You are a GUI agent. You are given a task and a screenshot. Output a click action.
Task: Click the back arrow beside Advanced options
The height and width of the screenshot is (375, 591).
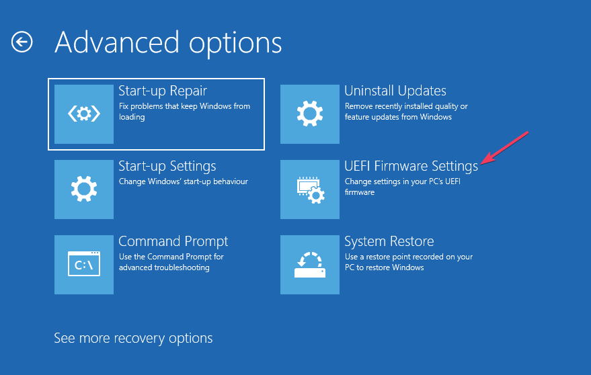22,42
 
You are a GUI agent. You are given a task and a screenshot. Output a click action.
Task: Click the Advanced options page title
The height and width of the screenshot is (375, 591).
168,42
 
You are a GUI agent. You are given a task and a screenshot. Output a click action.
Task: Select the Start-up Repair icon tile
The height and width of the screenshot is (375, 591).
83,114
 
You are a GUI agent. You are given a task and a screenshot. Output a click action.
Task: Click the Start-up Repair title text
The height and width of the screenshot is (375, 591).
163,91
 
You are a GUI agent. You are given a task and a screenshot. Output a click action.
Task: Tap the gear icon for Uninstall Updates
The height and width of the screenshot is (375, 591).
310,114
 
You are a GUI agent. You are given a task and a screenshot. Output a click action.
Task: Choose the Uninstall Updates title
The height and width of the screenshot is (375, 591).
395,91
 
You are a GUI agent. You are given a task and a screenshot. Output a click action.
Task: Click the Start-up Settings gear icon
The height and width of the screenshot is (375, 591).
83,190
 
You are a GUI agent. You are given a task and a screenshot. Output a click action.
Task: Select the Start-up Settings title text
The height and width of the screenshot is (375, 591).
167,166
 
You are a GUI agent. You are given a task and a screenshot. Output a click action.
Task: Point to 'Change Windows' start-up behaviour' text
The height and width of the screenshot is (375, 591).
184,181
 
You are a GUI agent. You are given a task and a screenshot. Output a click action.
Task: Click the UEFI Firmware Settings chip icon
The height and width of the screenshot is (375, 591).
310,190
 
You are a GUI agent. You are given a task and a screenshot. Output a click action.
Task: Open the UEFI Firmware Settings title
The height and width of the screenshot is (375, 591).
411,166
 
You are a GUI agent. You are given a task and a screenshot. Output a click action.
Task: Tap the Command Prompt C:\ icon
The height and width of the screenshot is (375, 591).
83,265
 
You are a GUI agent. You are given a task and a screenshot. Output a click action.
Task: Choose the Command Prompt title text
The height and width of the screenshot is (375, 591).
173,241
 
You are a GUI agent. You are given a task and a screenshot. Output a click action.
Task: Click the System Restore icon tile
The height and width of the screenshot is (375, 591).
310,265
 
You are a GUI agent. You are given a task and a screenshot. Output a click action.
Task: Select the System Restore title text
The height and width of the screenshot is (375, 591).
389,241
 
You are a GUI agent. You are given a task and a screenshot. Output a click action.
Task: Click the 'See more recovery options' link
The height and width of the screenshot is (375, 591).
133,337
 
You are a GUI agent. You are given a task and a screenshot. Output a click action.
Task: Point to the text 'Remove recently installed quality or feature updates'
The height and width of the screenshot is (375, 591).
406,112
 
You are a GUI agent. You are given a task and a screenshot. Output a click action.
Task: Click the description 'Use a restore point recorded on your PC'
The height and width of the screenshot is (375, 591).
409,262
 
